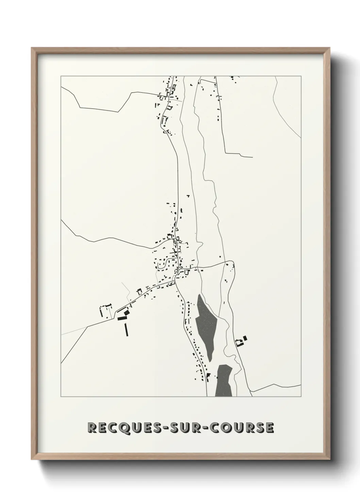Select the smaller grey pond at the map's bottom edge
pyautogui.click(x=224, y=381)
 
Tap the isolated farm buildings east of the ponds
pyautogui.click(x=242, y=341)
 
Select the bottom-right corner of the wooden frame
pyautogui.click(x=329, y=458)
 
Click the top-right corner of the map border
pyautogui.click(x=301, y=76)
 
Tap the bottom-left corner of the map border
pyautogui.click(x=61, y=397)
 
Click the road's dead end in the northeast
pyautogui.click(x=252, y=157)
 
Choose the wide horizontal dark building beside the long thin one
pyautogui.click(x=121, y=318)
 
